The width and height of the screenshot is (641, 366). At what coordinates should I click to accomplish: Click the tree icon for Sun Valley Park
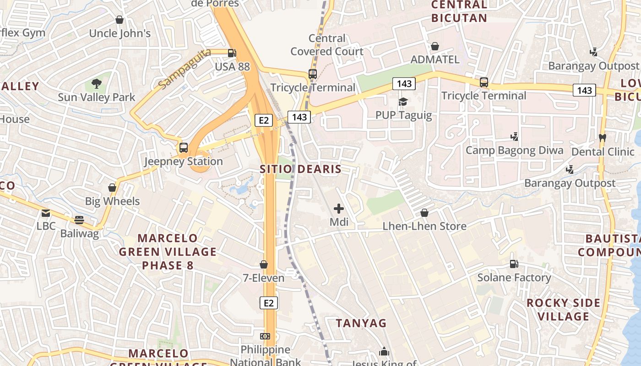(x=96, y=84)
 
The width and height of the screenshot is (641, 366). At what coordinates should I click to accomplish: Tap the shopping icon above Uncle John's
(x=120, y=20)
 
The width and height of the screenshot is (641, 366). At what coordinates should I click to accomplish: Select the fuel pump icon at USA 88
(x=232, y=53)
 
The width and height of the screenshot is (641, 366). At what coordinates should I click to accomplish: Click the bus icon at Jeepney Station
(x=184, y=148)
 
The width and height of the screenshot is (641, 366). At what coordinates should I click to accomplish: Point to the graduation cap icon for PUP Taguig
(x=403, y=102)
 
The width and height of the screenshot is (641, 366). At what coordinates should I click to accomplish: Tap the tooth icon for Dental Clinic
(x=603, y=138)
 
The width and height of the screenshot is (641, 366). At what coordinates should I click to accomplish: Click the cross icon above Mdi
(x=339, y=209)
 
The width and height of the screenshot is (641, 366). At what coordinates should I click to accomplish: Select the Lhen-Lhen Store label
(x=424, y=226)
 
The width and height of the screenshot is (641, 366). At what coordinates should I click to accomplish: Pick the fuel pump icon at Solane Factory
(x=514, y=264)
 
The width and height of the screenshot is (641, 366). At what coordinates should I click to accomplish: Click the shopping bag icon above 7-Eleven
(x=264, y=264)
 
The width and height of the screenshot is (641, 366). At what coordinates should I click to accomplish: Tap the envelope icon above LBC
(x=46, y=213)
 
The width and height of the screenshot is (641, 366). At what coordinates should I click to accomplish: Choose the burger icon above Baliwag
(x=79, y=220)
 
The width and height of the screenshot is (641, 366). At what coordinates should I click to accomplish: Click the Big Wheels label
(x=112, y=201)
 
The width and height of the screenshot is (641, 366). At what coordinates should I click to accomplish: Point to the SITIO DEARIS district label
(x=300, y=169)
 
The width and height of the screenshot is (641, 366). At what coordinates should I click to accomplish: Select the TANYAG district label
(x=361, y=323)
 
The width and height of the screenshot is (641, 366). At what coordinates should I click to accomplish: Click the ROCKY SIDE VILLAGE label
(x=563, y=310)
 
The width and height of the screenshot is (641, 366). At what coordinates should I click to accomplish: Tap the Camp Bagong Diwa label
(x=514, y=151)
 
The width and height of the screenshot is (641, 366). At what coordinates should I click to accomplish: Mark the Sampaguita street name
(x=185, y=69)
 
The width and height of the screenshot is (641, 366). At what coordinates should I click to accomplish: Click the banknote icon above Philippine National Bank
(x=265, y=336)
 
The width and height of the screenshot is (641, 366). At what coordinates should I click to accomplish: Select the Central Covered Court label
(x=327, y=45)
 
